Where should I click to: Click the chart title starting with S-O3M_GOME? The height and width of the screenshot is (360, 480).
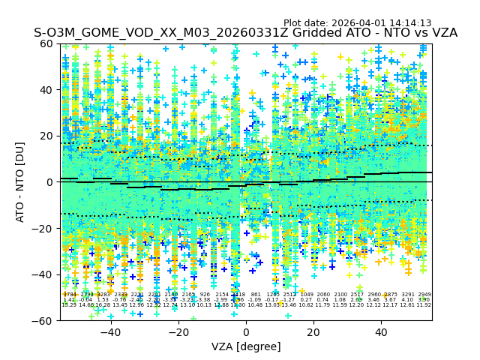click(245, 33)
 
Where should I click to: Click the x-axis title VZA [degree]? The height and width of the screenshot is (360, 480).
click(246, 346)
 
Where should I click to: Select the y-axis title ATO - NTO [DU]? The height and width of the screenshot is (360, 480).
click(20, 181)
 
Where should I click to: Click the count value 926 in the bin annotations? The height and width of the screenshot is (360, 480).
click(205, 295)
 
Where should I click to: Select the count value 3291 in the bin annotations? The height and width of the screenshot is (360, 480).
click(408, 295)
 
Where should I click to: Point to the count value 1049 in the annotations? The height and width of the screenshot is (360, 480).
click(307, 295)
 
